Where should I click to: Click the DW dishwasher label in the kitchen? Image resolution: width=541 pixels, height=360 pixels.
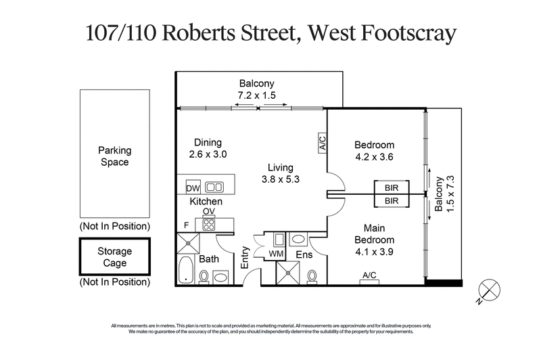(x=191, y=187)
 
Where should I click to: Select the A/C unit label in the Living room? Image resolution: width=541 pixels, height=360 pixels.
(x=322, y=143)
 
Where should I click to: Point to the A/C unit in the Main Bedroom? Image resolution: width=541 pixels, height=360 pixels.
(x=369, y=276)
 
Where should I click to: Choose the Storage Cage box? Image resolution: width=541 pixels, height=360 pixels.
(x=114, y=256)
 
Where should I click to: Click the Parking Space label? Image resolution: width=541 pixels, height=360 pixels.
(x=114, y=156)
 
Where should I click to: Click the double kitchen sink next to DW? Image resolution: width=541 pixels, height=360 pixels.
(x=215, y=187)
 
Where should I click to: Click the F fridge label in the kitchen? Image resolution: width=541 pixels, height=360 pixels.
(x=185, y=225)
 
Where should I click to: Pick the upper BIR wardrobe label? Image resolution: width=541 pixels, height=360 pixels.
(x=391, y=188)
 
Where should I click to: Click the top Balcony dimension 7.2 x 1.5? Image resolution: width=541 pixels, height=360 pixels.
(x=256, y=95)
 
